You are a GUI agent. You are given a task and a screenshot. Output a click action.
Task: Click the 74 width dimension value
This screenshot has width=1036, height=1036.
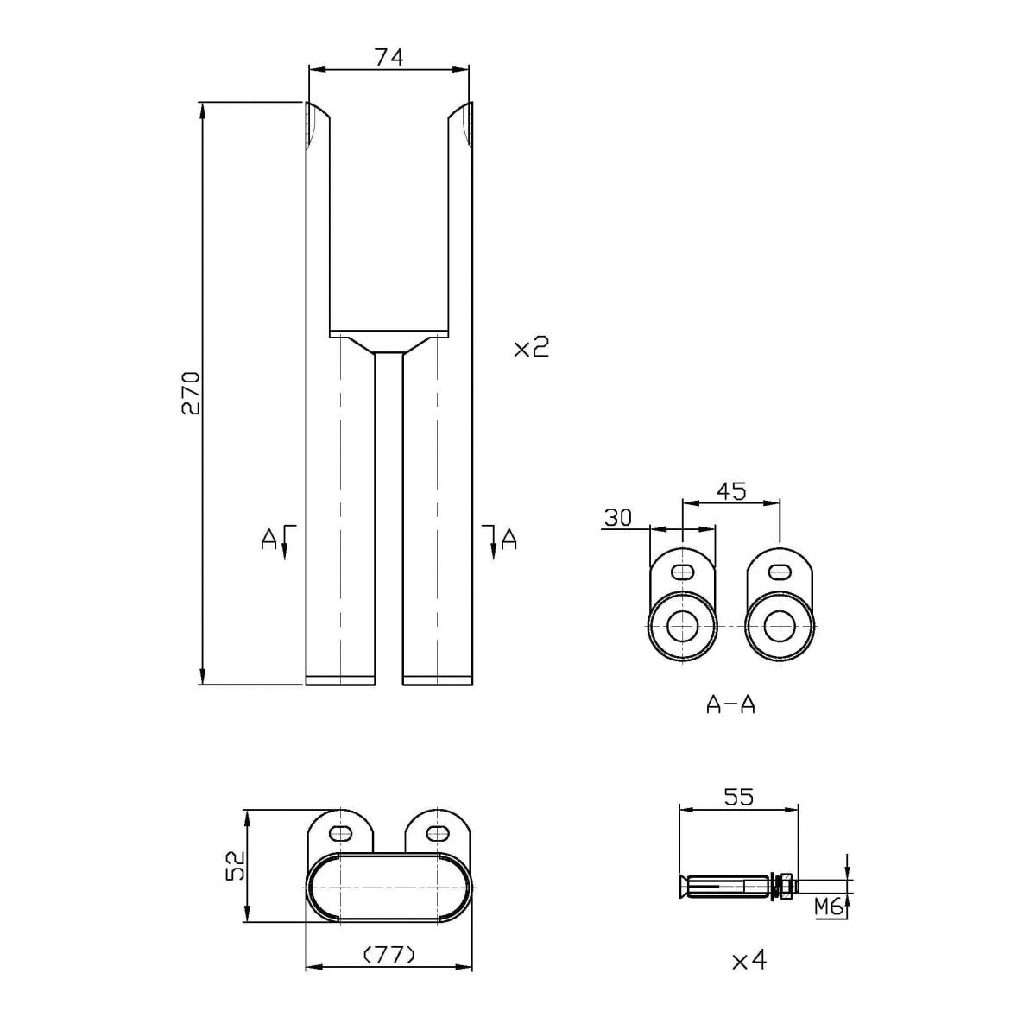[389, 57]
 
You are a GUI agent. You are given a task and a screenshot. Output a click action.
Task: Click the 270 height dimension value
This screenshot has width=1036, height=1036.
[190, 394]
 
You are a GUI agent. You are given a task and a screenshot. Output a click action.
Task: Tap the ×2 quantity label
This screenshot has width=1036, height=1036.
[531, 349]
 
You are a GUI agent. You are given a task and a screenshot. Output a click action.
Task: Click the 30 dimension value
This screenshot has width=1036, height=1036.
[617, 517]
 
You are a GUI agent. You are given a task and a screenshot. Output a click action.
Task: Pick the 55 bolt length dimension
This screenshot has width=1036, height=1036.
[738, 797]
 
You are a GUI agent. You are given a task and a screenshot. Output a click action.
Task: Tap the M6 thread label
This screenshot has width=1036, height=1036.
[829, 906]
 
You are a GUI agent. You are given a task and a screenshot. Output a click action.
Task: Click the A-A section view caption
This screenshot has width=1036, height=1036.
[730, 705]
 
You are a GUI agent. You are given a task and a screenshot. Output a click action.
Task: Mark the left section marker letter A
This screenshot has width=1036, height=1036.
[268, 540]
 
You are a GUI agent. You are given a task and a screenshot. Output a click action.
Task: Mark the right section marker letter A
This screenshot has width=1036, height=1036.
[509, 540]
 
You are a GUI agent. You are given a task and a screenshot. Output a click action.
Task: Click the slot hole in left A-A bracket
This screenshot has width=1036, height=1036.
[683, 571]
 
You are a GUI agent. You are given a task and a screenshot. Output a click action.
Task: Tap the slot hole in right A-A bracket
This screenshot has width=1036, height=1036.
[780, 571]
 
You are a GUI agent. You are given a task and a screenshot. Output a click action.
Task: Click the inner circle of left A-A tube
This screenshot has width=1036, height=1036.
[683, 626]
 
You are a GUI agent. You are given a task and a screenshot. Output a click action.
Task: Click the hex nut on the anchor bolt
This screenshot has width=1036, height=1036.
[786, 886]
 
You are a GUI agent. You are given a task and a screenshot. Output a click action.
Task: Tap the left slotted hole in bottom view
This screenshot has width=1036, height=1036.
[343, 832]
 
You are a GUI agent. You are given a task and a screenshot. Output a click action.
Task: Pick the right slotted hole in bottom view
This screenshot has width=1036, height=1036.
[439, 832]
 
